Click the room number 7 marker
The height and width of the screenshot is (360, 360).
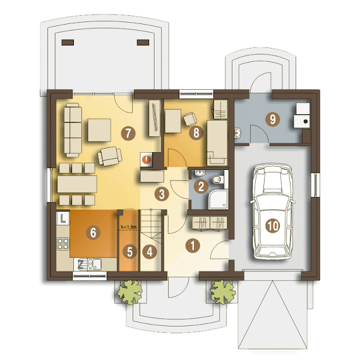(x=128, y=133)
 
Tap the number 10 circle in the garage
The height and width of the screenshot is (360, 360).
(x=272, y=225)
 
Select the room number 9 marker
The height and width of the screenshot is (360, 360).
(x=272, y=119)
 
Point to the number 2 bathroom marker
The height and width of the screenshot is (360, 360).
(x=201, y=186)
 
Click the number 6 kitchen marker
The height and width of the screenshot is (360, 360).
(x=93, y=232)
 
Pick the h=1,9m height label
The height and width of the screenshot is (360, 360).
(x=129, y=227)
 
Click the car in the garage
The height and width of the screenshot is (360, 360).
(x=272, y=211)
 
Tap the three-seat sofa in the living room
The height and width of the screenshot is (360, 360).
(x=73, y=130)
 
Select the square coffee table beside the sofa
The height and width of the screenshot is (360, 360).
(x=99, y=130)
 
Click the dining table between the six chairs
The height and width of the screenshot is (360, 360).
(x=77, y=184)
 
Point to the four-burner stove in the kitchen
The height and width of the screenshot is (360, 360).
(x=63, y=244)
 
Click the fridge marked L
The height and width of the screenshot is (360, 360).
(x=63, y=218)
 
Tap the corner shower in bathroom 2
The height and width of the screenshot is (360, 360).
(x=219, y=200)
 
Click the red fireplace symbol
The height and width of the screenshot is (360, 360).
(x=147, y=159)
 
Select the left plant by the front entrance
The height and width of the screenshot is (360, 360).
(x=130, y=292)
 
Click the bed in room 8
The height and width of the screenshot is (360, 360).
(x=217, y=143)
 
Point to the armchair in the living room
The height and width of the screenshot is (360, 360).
(x=110, y=156)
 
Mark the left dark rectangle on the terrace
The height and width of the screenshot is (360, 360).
(x=68, y=42)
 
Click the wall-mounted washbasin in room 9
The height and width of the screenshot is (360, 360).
(x=238, y=133)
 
